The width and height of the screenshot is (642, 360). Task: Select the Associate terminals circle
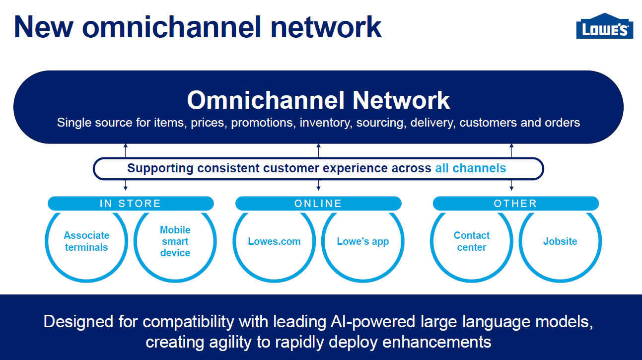point(86,242)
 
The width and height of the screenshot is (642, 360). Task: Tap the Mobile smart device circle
point(175,242)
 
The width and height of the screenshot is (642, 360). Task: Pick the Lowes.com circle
point(274,242)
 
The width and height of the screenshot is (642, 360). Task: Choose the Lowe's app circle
point(362,242)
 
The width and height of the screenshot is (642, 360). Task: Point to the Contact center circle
point(472,242)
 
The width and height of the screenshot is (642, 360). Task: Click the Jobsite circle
point(560,242)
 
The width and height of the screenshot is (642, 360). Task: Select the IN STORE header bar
point(131,204)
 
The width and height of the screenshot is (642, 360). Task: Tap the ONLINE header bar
point(318,204)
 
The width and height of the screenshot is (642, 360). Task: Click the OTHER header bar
point(515,204)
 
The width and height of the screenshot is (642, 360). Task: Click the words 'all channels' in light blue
point(470,168)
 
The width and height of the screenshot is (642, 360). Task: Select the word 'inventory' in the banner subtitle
point(326,123)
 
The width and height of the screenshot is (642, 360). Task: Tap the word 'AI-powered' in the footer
point(372,322)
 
